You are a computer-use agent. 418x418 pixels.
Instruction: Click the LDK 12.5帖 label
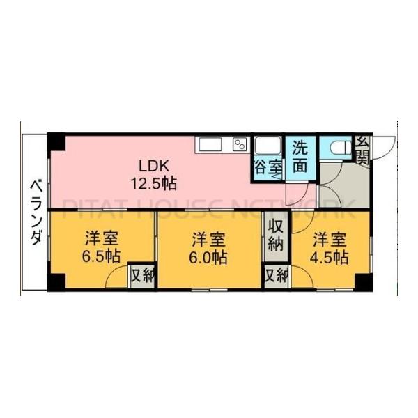click(x=156, y=176)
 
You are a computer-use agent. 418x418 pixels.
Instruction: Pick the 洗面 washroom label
click(x=300, y=157)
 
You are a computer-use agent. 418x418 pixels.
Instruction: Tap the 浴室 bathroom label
click(x=268, y=167)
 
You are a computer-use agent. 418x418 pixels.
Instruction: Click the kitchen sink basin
click(x=210, y=144)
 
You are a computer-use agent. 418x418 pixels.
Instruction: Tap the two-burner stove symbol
click(x=240, y=144)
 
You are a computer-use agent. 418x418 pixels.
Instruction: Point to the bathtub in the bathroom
click(x=268, y=146)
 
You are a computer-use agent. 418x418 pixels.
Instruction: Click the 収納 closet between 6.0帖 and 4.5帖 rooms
click(x=276, y=235)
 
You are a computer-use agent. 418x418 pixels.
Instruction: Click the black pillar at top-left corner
click(x=56, y=141)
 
